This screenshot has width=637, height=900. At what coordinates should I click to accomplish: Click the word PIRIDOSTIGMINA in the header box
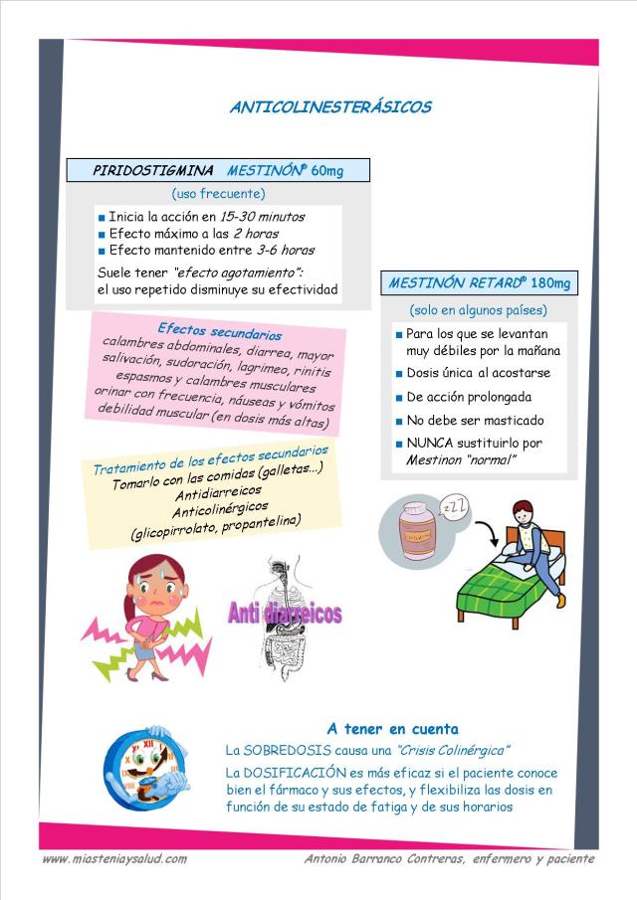coord(152,170)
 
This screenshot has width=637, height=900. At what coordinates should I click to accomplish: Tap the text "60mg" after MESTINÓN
coord(327,171)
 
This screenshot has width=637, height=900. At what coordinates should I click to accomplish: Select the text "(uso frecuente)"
coord(218,193)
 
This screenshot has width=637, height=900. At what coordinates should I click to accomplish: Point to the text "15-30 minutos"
coord(262,216)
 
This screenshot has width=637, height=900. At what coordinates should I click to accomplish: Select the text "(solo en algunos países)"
coord(478,310)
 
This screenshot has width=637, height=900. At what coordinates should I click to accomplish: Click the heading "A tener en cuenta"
coord(392,728)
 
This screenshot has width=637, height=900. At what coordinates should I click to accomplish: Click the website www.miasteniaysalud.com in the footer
coord(114,858)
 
